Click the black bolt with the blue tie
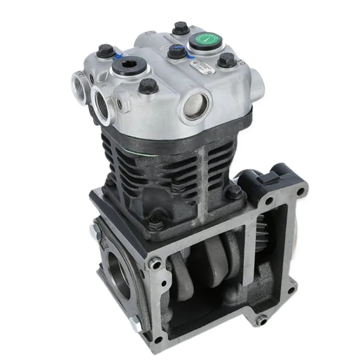pyautogui.click(x=177, y=51)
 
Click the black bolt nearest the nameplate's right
pyautogui.click(x=227, y=60)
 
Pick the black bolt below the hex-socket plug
pyautogui.click(x=148, y=86)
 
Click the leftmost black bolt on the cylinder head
pyautogui.click(x=106, y=50)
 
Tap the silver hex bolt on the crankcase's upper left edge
pyautogui.click(x=94, y=230)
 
